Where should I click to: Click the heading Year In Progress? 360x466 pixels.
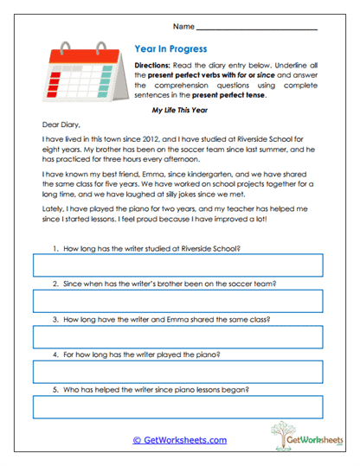[x=170, y=50]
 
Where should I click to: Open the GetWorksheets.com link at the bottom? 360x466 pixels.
[x=180, y=439]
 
